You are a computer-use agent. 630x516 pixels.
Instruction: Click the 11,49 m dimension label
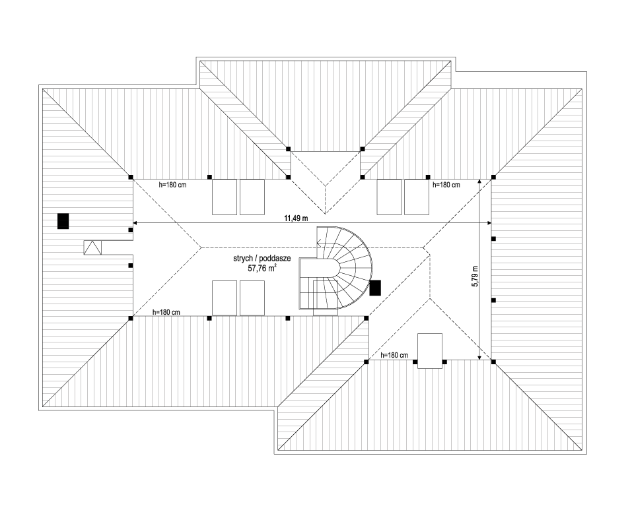pos(296,218)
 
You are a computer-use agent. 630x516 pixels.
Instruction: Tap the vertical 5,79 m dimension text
pos(475,276)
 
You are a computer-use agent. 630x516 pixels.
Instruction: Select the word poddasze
pos(277,259)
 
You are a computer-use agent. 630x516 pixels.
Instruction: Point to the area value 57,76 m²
pos(262,269)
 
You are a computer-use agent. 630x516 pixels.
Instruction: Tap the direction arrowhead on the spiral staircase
pos(318,242)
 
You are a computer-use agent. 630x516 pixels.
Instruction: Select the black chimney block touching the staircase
pos(375,288)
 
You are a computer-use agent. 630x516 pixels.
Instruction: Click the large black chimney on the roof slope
pos(63,221)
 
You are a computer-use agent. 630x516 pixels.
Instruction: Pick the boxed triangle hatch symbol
pos(93,247)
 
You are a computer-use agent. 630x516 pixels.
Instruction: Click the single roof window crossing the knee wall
pos(430,350)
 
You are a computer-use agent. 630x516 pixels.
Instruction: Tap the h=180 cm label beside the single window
pos(394,356)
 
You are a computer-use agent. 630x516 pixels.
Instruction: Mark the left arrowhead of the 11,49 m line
pos(135,223)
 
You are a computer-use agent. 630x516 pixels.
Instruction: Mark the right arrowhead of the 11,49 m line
pos(489,223)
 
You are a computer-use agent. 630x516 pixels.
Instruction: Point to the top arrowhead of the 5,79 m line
pos(479,181)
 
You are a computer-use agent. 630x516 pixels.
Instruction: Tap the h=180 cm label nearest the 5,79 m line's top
pos(446,185)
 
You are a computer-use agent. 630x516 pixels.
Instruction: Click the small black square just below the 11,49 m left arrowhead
pos(131,230)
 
